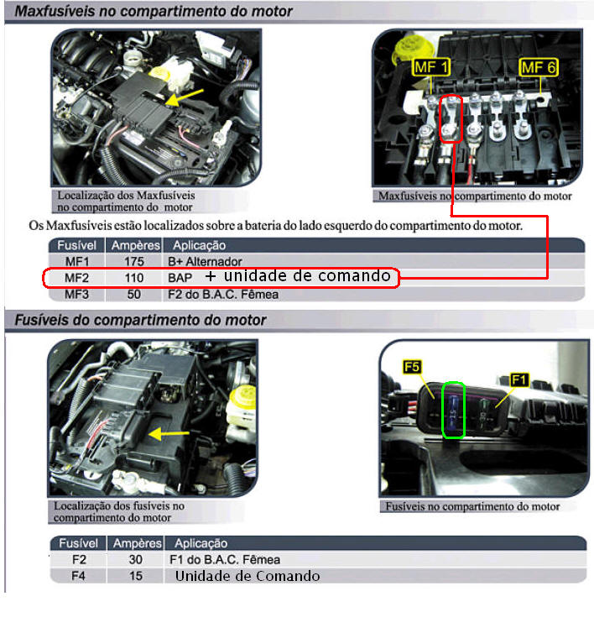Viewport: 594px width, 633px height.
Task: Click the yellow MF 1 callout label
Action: (x=431, y=67)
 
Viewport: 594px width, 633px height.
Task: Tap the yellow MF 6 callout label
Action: (x=539, y=67)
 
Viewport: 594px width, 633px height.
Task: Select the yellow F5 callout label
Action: (x=412, y=367)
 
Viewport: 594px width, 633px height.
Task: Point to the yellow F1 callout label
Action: (x=518, y=379)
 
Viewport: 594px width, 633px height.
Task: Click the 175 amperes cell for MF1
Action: (x=134, y=262)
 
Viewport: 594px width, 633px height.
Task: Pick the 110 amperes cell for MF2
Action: (x=134, y=278)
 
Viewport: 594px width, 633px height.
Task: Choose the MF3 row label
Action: (x=76, y=295)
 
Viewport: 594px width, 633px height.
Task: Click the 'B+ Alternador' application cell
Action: (x=205, y=262)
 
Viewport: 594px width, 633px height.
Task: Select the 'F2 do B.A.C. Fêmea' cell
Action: (x=223, y=295)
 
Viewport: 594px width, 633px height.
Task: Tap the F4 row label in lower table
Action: (x=78, y=576)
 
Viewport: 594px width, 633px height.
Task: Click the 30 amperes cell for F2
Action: (x=136, y=559)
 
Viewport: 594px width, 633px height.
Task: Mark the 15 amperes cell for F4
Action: (x=136, y=576)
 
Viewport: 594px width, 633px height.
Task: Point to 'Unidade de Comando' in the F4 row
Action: (x=247, y=576)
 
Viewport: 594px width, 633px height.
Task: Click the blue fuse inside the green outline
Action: (x=453, y=411)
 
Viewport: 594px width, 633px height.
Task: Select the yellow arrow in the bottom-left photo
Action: (x=169, y=434)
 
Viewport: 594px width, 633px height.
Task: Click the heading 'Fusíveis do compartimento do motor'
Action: (x=140, y=320)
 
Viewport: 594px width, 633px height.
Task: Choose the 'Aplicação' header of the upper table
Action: (x=199, y=245)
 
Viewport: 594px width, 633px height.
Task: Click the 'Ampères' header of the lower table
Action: (x=138, y=543)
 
